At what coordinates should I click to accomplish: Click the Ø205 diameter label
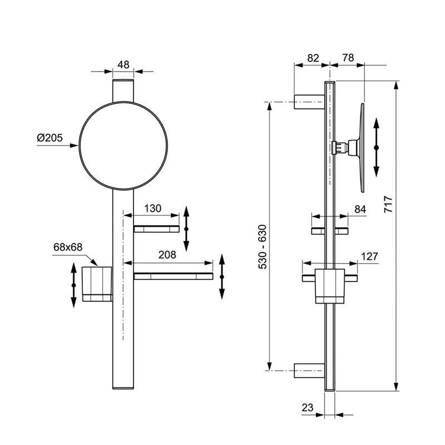click(50, 138)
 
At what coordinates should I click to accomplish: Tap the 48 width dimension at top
click(123, 65)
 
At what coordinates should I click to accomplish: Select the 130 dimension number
click(152, 209)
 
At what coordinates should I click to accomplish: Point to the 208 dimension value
click(167, 255)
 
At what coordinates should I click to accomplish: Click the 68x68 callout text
click(68, 247)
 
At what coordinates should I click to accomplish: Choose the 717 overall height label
click(388, 204)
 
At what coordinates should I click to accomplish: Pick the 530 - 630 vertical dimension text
click(263, 247)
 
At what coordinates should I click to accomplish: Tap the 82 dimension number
click(313, 58)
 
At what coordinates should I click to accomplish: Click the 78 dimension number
click(348, 58)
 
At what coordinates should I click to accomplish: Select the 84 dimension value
click(360, 210)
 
